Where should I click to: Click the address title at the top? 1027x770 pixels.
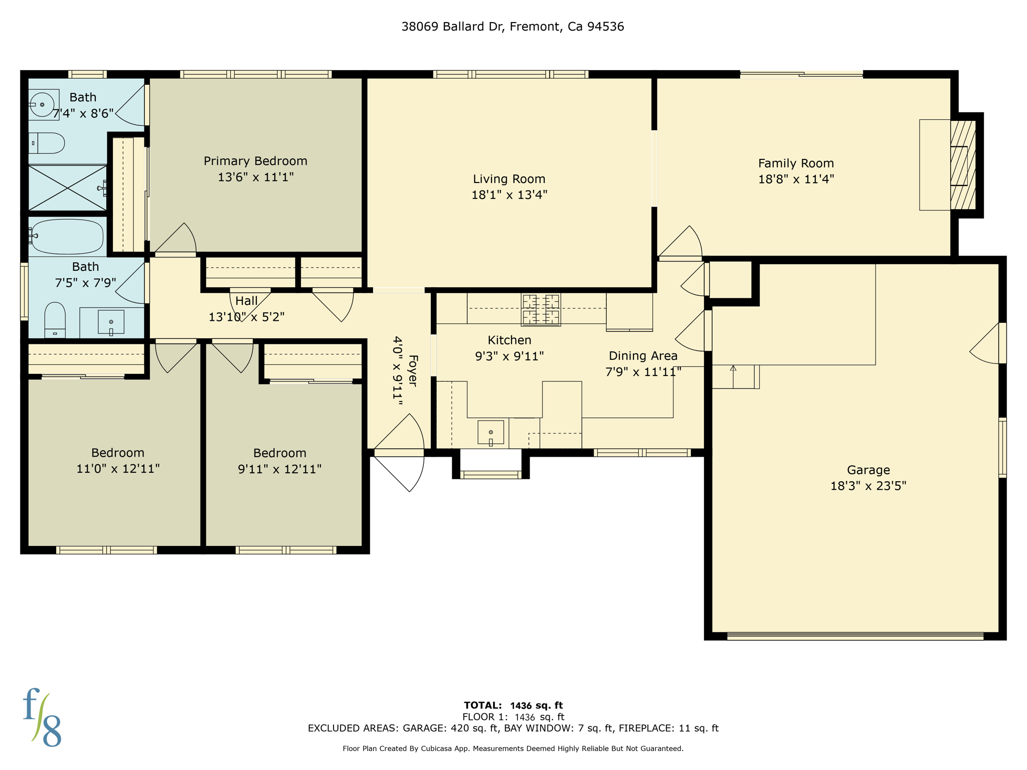pos(512,27)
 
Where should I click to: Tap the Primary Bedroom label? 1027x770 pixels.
pos(255,161)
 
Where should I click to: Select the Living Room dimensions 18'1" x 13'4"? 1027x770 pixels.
pos(509,195)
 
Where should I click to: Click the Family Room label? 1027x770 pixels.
pos(796,163)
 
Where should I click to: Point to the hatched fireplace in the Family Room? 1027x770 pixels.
pos(963,165)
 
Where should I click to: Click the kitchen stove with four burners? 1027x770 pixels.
pos(541,309)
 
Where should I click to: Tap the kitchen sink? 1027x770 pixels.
pos(490,433)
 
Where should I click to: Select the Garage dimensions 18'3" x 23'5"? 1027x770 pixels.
pos(868,486)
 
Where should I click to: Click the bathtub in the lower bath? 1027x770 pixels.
pos(68,236)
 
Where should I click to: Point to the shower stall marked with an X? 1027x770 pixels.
pos(67,187)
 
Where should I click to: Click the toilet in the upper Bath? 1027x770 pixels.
pos(48,143)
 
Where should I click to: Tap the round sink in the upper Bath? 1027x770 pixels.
pos(42,104)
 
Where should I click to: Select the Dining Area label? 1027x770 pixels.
pos(643,356)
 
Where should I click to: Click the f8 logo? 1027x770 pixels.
pos(42,718)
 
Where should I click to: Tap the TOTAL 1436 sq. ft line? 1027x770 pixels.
pos(513,705)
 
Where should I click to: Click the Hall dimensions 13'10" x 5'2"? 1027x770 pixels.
pos(246,317)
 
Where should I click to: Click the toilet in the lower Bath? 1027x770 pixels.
pos(55,320)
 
